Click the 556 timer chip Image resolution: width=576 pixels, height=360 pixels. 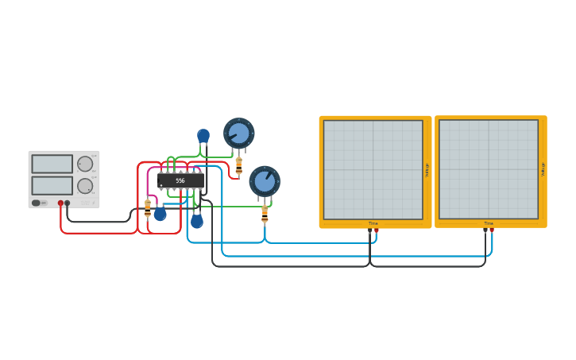(x=181, y=180)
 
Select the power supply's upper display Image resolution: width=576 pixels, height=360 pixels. (x=52, y=164)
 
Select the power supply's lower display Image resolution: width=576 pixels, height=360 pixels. (x=52, y=185)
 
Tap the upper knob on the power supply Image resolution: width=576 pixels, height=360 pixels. (x=85, y=164)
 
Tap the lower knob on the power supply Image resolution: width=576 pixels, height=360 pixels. (x=85, y=186)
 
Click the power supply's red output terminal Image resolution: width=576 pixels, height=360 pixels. (x=60, y=203)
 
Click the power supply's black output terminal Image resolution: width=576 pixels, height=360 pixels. (x=68, y=203)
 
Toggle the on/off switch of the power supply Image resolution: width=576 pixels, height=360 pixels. (x=37, y=203)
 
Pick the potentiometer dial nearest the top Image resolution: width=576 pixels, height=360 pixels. (x=238, y=133)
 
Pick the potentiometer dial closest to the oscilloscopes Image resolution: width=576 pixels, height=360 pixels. (x=265, y=181)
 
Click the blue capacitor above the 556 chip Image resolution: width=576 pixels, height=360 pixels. (x=203, y=136)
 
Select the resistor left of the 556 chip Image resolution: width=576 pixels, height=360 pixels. (x=148, y=208)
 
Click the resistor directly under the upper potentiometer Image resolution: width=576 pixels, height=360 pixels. (x=238, y=165)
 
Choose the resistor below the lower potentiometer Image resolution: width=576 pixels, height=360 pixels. (x=265, y=213)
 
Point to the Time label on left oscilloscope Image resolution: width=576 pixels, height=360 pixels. (x=373, y=223)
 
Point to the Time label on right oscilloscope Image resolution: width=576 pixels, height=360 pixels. (x=489, y=223)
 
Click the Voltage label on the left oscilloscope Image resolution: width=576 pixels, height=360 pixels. (x=427, y=170)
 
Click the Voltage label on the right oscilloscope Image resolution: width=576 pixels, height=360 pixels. (x=543, y=170)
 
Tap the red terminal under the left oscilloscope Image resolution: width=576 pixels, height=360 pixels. (x=377, y=230)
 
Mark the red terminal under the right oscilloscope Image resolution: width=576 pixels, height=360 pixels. (x=492, y=230)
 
